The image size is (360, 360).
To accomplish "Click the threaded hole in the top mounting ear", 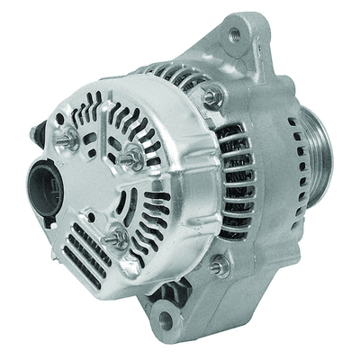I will coord(235,35).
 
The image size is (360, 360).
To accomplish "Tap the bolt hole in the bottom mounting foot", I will coord(164,318).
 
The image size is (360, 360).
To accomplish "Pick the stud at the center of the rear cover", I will coord(130,155).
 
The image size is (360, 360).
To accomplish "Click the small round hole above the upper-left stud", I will coord(60,118).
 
